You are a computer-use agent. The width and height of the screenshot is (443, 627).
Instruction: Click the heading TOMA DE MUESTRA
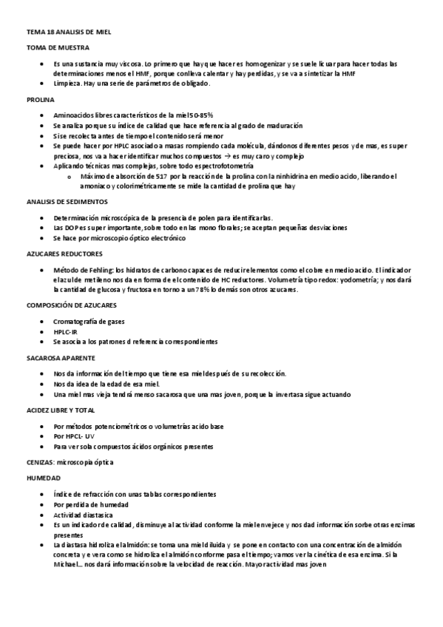(58, 47)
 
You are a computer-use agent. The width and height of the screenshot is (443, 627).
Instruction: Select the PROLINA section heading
(40, 99)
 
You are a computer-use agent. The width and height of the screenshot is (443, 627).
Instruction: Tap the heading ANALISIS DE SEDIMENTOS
(67, 202)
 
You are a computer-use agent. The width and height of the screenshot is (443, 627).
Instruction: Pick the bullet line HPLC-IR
(67, 332)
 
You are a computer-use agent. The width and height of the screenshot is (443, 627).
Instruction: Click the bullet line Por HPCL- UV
(74, 436)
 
